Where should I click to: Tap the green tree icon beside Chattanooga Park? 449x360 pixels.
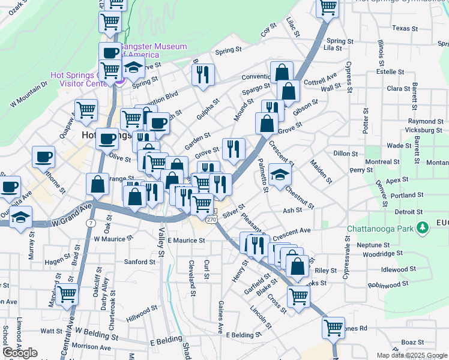pos(423,227)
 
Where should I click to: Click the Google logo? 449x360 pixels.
pos(20,353)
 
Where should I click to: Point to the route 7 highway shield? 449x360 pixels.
pos(89,223)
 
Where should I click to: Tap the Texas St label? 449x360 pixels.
pos(405,28)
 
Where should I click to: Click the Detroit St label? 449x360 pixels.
pos(409,212)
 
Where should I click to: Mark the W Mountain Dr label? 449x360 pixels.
pos(28,94)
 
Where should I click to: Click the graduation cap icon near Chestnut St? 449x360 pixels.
pos(280,175)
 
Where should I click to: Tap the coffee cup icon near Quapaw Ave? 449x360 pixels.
pos(44,157)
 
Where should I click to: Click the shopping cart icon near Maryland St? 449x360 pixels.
pos(67,294)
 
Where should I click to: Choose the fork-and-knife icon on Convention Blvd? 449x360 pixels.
pos(203,74)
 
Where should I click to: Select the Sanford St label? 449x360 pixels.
pos(139,262)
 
